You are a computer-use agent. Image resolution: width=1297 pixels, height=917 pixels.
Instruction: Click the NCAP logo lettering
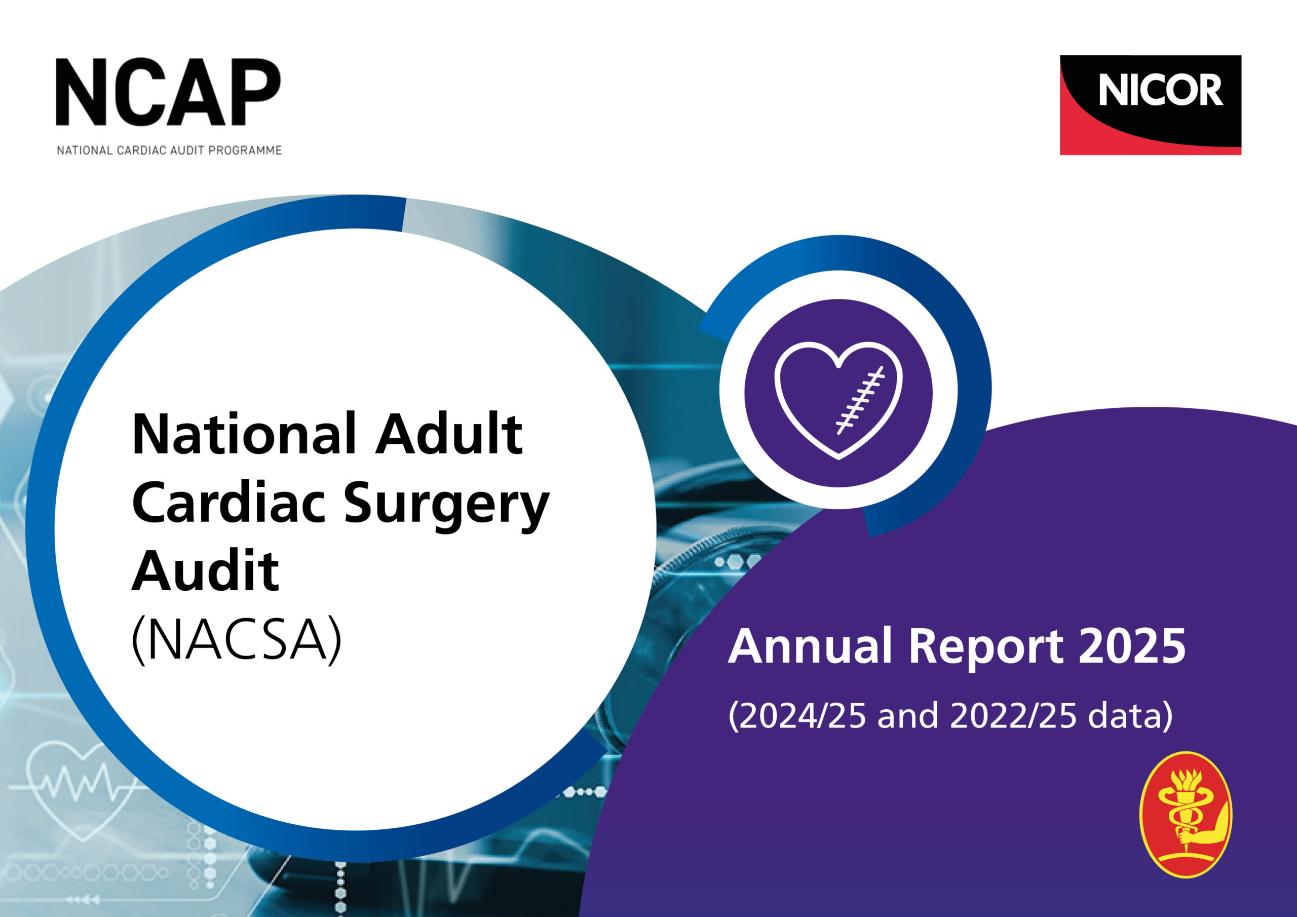click(168, 92)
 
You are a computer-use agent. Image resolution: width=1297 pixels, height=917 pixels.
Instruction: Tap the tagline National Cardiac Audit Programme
click(169, 150)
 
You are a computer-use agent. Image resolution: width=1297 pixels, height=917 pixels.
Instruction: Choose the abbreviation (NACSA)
click(237, 640)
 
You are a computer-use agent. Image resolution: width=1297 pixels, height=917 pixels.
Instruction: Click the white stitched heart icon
click(838, 401)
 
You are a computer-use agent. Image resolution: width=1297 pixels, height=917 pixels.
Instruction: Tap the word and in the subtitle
click(908, 716)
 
